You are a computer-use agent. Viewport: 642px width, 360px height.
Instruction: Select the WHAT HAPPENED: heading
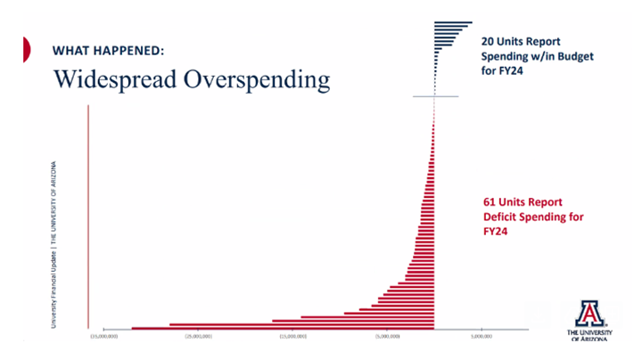(x=108, y=51)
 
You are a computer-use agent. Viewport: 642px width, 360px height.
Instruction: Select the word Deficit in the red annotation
(x=503, y=216)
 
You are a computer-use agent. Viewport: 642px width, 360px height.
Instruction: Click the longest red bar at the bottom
(x=283, y=328)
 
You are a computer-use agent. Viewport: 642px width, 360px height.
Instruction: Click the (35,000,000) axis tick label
(x=104, y=338)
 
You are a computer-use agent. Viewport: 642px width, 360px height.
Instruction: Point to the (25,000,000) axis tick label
(x=198, y=338)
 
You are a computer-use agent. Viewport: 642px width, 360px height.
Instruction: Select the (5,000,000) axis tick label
(x=388, y=338)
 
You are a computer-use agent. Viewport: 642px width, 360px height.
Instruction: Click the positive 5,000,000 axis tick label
(x=481, y=338)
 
